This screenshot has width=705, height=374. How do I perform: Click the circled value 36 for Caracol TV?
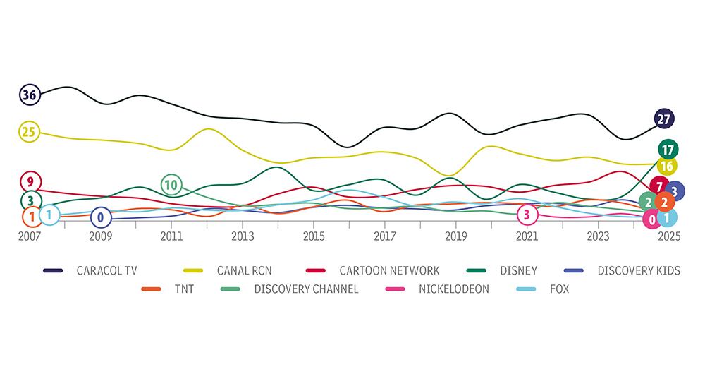point(30,94)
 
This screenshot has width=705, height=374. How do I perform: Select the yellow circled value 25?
point(30,131)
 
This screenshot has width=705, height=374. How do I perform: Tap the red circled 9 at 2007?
point(30,181)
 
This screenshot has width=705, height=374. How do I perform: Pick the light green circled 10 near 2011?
point(171,185)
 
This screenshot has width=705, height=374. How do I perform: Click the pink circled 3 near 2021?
point(527,214)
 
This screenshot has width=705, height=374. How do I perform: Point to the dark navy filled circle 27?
point(663,119)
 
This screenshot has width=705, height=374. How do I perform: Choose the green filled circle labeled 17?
point(668,149)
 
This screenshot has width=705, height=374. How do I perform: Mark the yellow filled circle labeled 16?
point(666,166)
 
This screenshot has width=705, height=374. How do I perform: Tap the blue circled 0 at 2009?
point(101,217)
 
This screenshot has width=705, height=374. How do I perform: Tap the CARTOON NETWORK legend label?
point(388,270)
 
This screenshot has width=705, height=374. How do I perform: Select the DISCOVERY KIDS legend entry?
point(639,270)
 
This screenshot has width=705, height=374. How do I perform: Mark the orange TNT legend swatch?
point(152,289)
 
